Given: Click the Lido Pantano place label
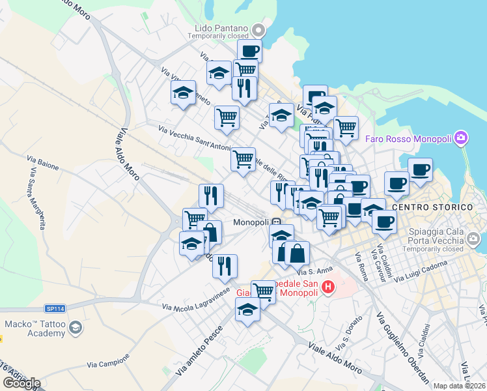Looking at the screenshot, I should tap(221, 28).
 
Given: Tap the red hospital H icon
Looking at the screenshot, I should tap(327, 286).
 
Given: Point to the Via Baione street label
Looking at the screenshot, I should tap(43, 158).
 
